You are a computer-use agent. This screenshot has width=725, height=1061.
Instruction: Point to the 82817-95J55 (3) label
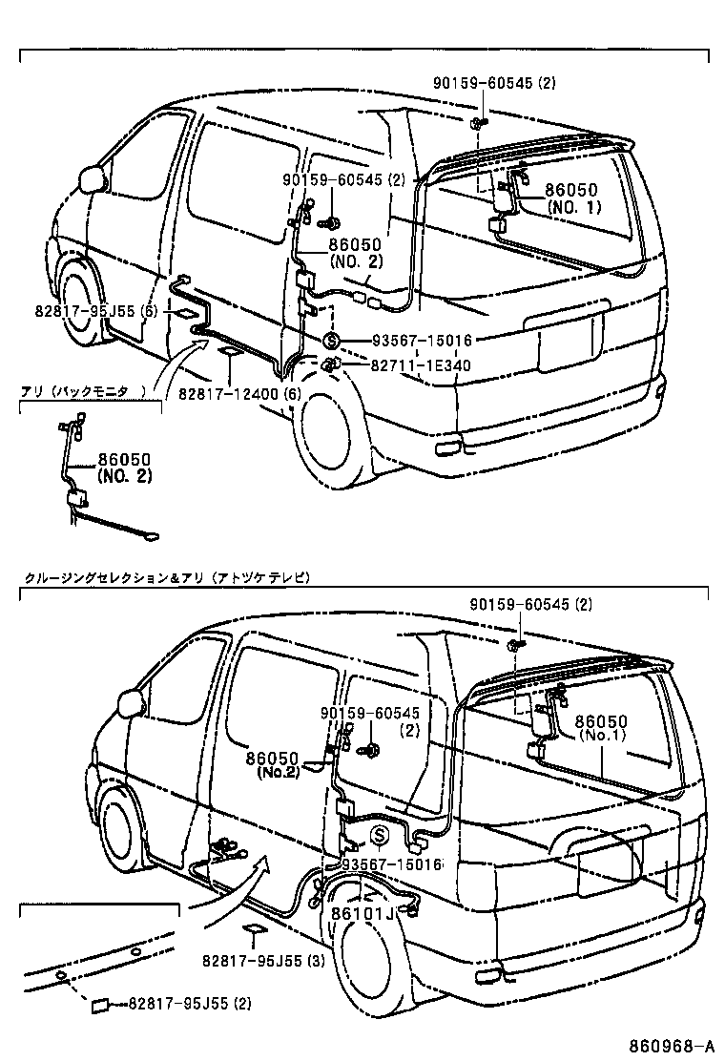pyautogui.click(x=263, y=961)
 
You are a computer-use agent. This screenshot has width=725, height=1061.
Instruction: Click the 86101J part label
pyautogui.click(x=362, y=913)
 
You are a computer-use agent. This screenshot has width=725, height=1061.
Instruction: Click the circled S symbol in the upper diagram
pyautogui.click(x=331, y=341)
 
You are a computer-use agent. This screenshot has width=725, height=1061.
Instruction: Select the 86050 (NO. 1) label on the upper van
pyautogui.click(x=573, y=198)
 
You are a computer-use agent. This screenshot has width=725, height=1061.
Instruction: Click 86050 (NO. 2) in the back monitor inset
pyautogui.click(x=124, y=468)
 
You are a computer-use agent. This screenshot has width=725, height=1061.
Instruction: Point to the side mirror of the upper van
pyautogui.click(x=93, y=178)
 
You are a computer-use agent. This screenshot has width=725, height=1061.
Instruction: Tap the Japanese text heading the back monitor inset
pyautogui.click(x=85, y=391)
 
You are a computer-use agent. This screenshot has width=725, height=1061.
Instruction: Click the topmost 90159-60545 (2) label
pyautogui.click(x=505, y=83)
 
